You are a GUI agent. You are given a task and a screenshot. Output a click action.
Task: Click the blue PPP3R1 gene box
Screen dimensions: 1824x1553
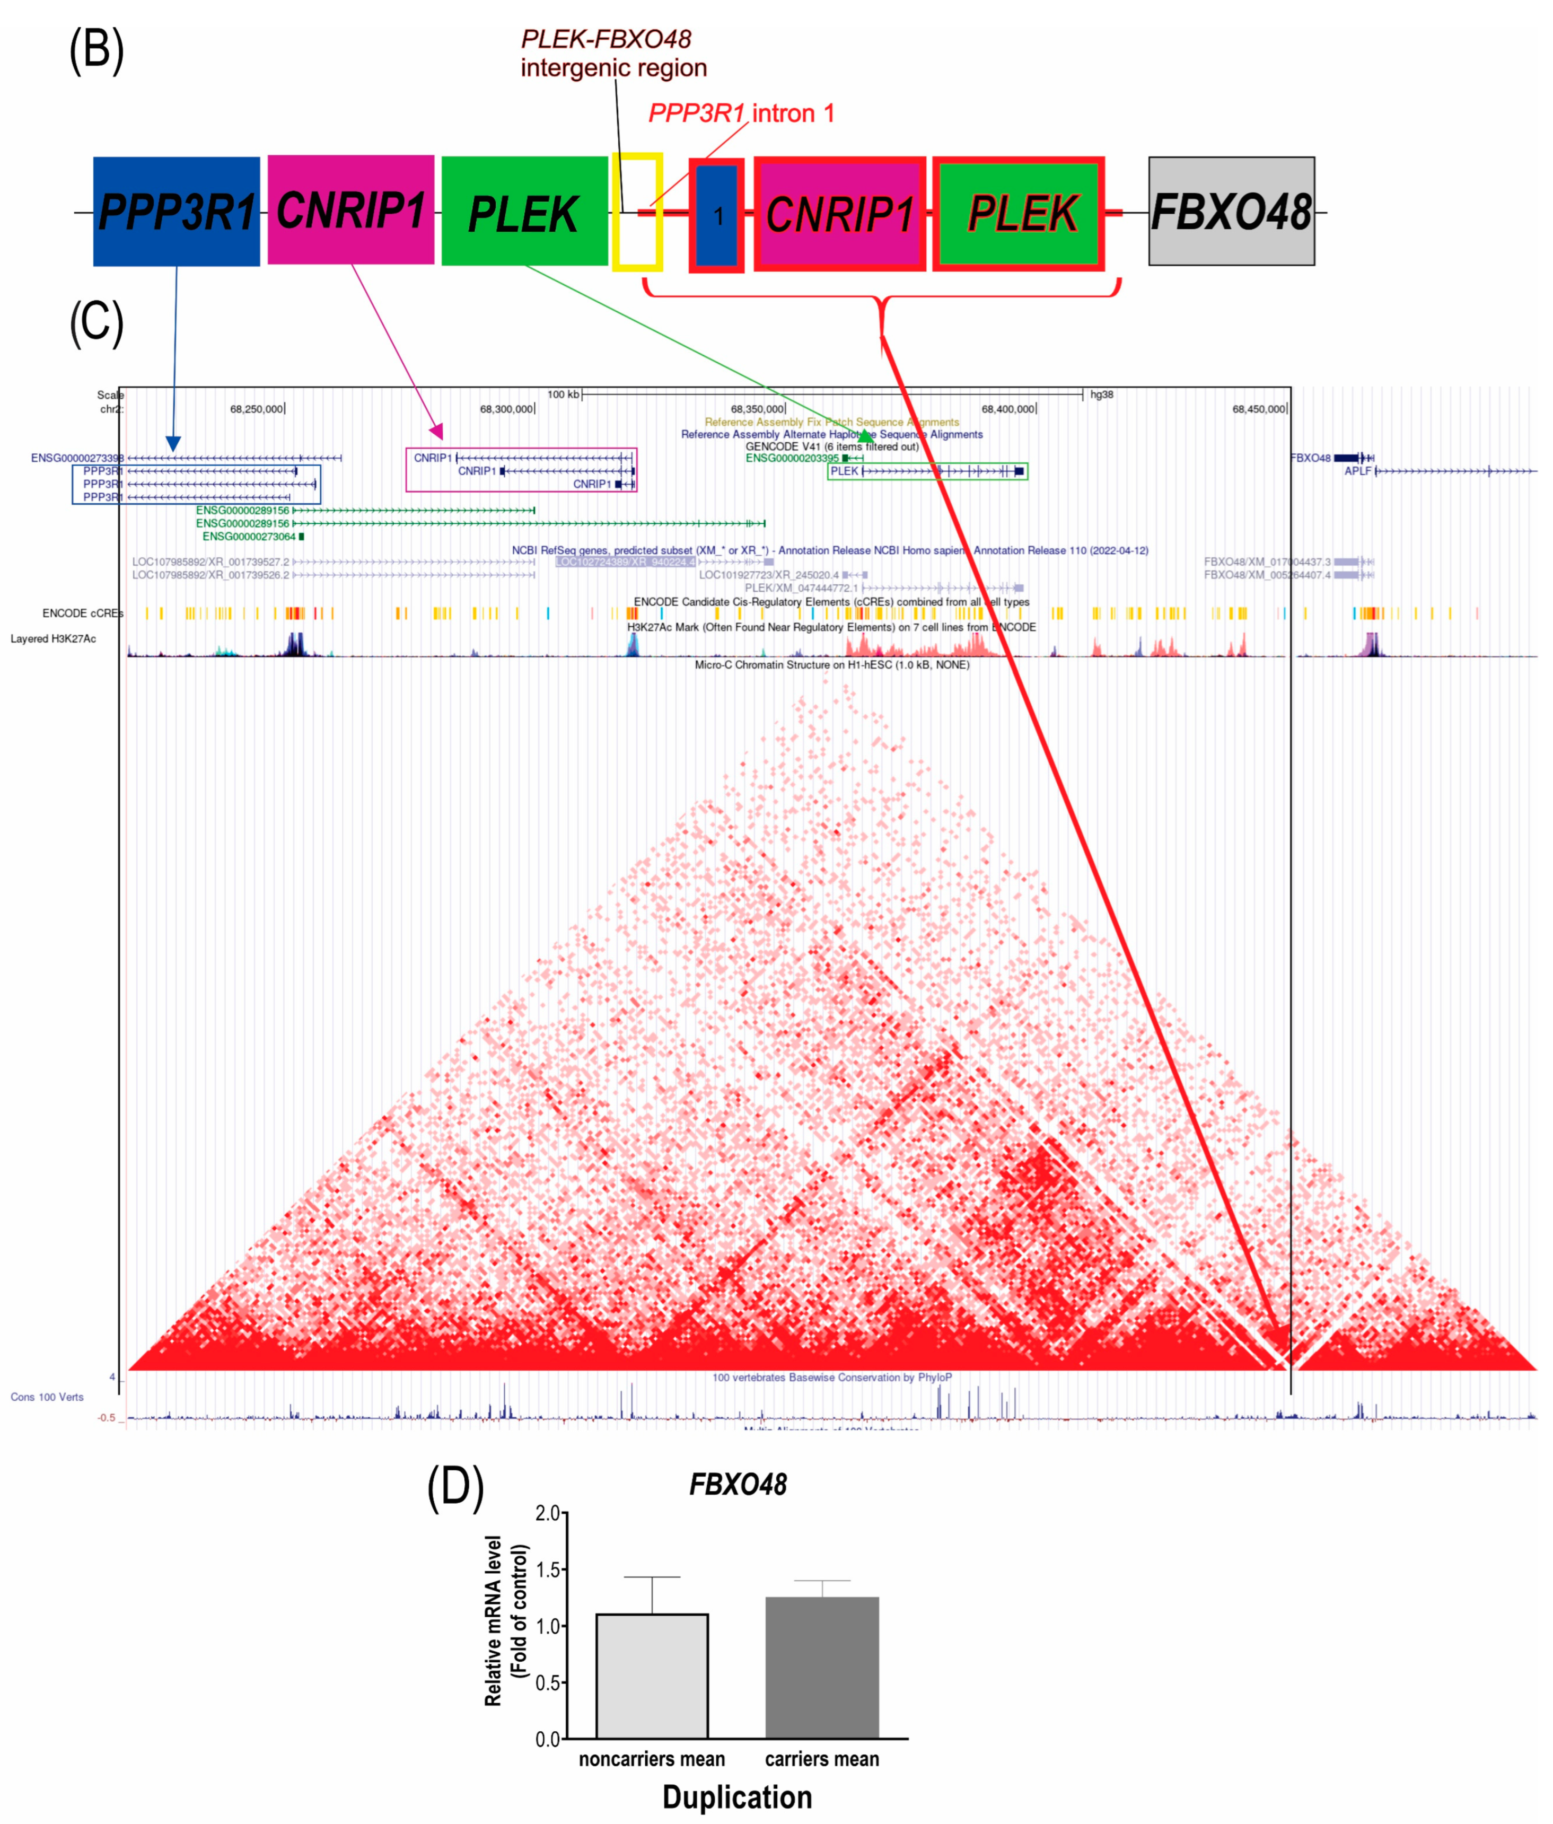(x=176, y=211)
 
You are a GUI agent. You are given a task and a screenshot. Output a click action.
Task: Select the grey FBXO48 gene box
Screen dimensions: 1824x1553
(x=1231, y=211)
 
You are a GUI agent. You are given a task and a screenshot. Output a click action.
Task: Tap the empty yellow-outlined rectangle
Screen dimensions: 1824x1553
(x=637, y=211)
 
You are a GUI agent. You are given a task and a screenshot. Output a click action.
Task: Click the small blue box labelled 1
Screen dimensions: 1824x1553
(x=717, y=216)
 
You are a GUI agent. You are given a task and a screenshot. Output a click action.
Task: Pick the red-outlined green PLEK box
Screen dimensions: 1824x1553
(x=1019, y=214)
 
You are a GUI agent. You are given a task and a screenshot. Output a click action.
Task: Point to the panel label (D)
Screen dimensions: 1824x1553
(x=455, y=1487)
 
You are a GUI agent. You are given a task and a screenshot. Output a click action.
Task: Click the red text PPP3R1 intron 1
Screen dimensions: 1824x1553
(x=741, y=113)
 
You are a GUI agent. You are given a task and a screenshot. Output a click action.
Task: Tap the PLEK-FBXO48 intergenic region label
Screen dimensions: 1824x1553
(x=613, y=53)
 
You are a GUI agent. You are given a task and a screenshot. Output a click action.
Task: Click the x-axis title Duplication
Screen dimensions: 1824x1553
(x=737, y=1797)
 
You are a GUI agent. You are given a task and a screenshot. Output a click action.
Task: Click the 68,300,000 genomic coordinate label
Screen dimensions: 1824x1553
(x=506, y=409)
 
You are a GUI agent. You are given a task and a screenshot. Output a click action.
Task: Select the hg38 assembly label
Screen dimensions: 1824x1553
(x=1101, y=394)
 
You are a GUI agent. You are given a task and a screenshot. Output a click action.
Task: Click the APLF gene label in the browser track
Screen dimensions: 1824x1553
(x=1357, y=471)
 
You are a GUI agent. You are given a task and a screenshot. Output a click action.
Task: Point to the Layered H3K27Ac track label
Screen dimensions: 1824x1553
(x=53, y=638)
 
